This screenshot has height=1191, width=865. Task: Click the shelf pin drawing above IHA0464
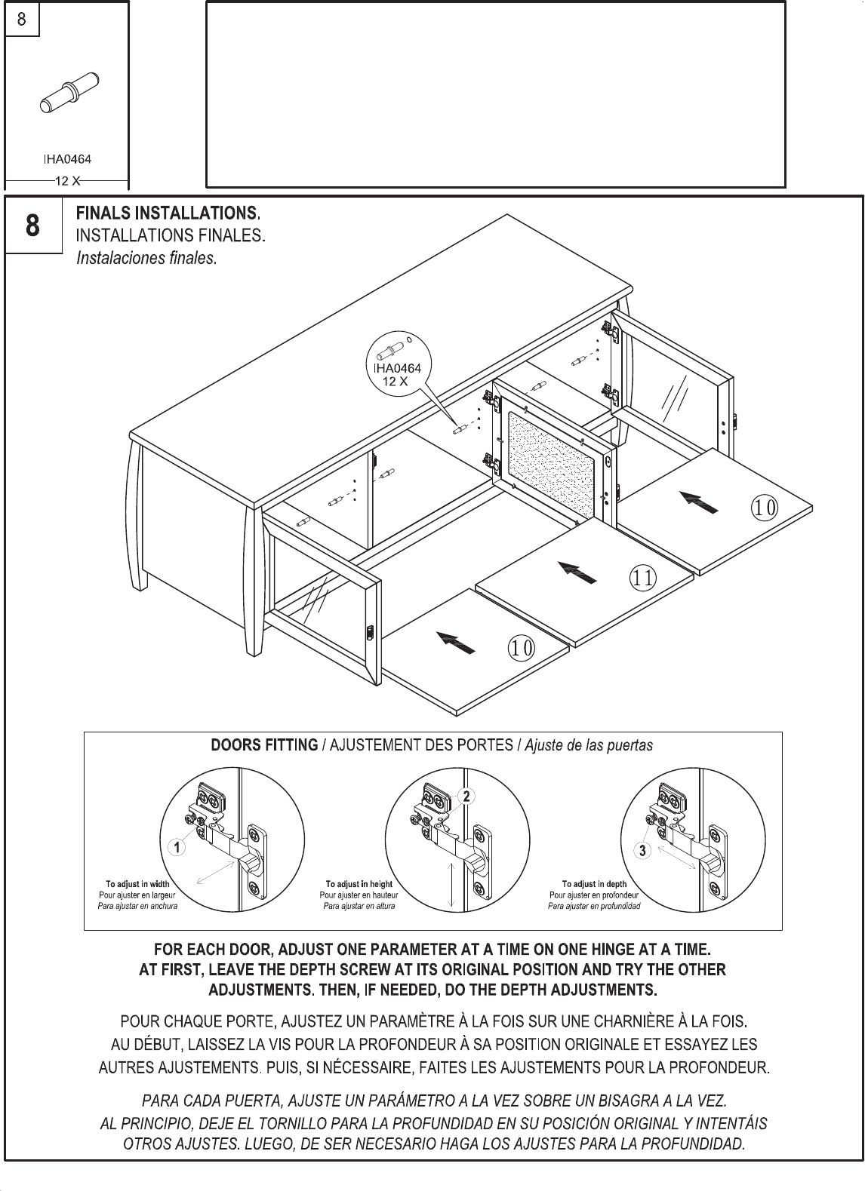point(72,94)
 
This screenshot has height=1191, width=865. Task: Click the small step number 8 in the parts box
point(22,20)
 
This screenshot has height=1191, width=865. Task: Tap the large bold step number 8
point(33,226)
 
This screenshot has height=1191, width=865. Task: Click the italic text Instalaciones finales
point(146,258)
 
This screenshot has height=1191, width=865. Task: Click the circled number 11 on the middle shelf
point(642,579)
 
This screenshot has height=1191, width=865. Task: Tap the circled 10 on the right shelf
point(764,508)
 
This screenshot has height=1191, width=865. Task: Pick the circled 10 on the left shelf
point(521,647)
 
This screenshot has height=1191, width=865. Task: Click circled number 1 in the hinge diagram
point(177,848)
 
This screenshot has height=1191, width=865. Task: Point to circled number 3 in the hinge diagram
point(642,850)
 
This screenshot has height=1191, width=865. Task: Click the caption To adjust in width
point(137,884)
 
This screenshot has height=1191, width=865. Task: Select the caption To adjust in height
point(359,884)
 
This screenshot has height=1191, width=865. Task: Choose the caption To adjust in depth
point(594,884)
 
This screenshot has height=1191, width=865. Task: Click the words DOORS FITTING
point(264,745)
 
